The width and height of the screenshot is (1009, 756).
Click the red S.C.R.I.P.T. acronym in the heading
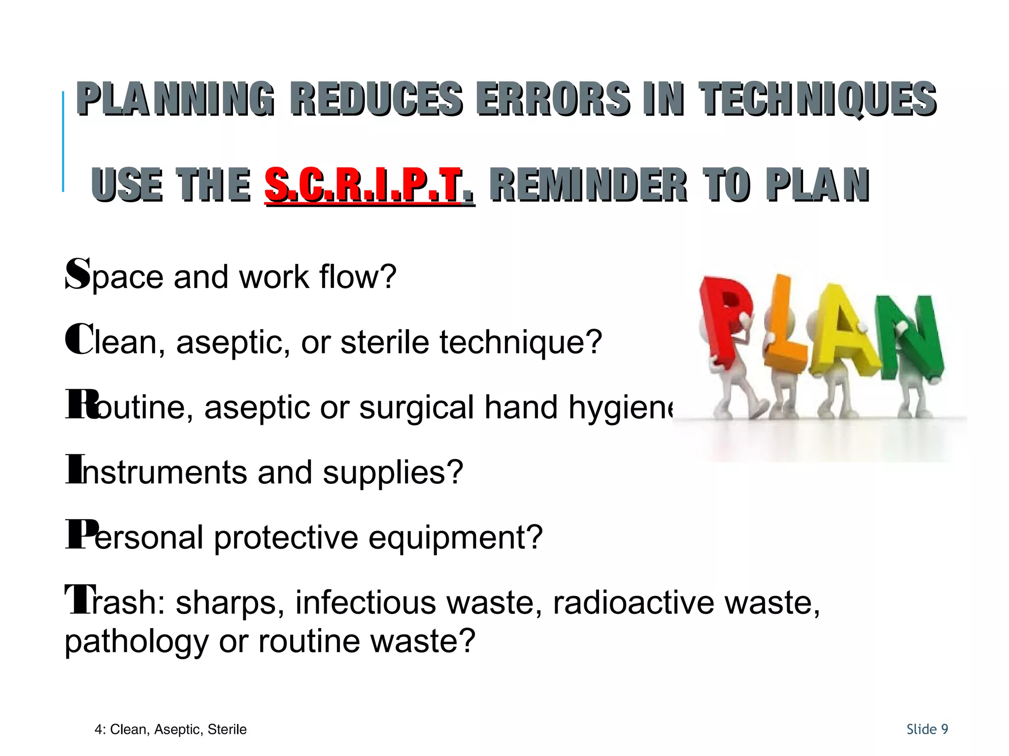click(370, 186)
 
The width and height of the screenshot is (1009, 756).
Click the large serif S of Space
click(78, 274)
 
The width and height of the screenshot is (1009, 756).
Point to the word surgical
click(416, 408)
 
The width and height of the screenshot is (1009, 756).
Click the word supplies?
click(393, 472)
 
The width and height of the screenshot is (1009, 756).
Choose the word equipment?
click(456, 537)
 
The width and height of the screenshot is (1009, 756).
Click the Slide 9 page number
click(927, 729)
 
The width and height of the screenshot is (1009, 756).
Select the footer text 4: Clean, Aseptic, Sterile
click(170, 729)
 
